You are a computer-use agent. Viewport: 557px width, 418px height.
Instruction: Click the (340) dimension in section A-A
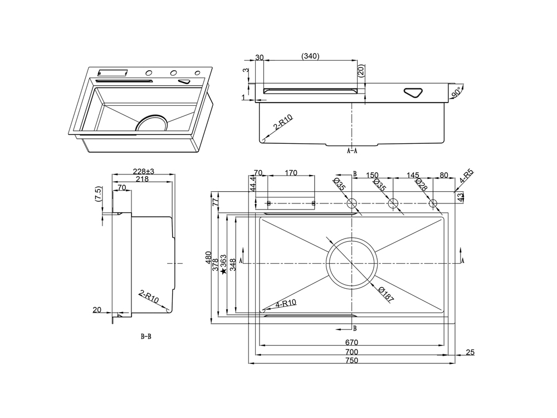pos(310,56)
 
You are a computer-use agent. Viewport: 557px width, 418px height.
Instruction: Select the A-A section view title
pos(352,150)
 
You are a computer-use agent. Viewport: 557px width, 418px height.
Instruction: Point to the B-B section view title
pos(146,337)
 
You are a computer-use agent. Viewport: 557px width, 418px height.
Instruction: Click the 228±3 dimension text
pos(143,171)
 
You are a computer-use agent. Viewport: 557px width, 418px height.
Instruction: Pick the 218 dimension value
pos(142,179)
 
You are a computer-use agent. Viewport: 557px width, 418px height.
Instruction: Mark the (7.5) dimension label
pos(99,195)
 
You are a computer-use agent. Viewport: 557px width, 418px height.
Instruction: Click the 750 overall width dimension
pos(351,361)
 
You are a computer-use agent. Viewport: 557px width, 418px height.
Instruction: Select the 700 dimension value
pos(351,352)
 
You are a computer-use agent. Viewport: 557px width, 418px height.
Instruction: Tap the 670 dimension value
pos(351,342)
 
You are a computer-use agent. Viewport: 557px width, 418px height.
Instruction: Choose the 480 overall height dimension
pos(209,258)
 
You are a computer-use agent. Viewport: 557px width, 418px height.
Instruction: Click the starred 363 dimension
pos(223,265)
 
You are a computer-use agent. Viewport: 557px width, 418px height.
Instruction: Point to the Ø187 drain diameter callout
pos(385,295)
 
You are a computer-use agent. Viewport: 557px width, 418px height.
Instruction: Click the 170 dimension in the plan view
pos(291,173)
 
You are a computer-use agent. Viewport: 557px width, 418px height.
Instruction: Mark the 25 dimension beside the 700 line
pos(470,352)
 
